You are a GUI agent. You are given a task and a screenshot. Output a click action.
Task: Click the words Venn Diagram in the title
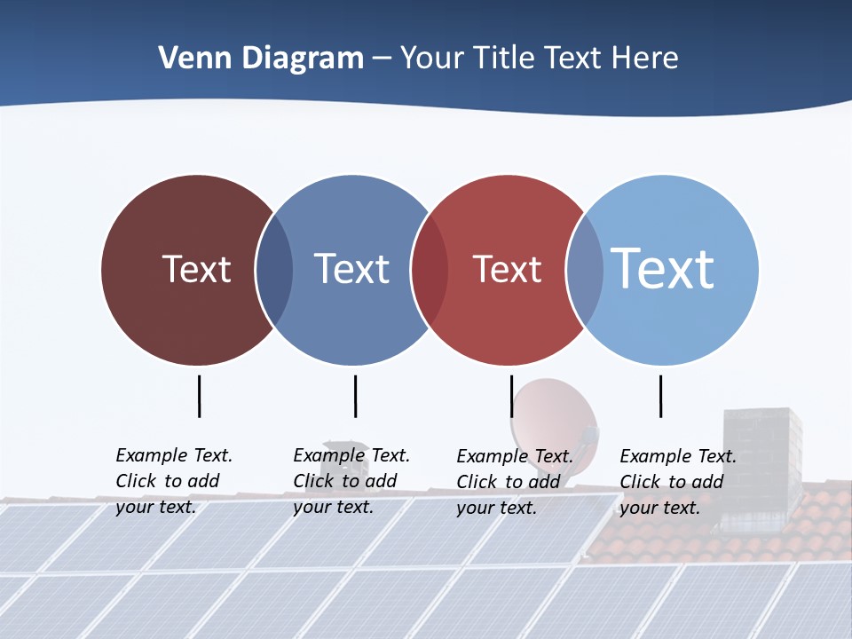point(261,59)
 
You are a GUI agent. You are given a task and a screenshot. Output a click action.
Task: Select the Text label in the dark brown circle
point(196,269)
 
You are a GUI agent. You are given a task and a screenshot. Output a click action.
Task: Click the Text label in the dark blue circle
point(351,269)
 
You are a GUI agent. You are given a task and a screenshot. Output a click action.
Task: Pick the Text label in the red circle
point(507,269)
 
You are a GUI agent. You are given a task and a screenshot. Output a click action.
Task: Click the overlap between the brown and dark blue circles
point(274,270)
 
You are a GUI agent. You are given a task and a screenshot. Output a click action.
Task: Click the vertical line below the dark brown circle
point(200,396)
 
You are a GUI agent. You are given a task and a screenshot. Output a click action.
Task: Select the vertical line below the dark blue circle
point(355,396)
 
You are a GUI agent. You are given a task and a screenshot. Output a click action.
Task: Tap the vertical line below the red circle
point(512,396)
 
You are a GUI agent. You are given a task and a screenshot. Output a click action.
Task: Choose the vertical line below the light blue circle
point(661,396)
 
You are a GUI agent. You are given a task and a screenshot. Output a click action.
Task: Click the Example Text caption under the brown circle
point(173,481)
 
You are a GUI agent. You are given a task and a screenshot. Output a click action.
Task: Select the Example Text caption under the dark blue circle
point(351,481)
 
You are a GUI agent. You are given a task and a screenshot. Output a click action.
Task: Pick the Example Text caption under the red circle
point(514,482)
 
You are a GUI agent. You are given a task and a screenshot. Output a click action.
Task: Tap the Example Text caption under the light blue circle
point(677,482)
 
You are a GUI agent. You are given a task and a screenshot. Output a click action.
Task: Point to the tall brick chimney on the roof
point(761,461)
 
